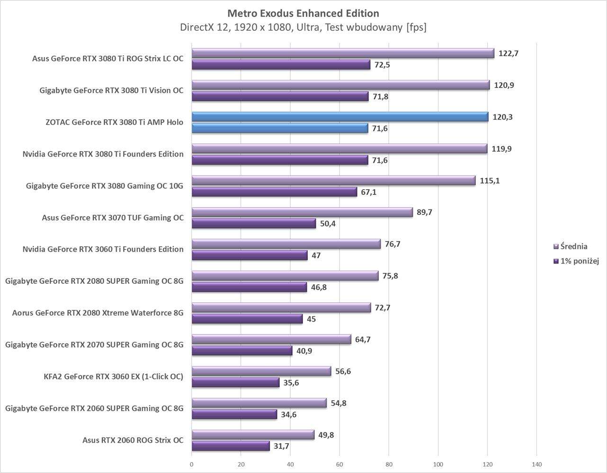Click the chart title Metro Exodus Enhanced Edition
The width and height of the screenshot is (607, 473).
303,13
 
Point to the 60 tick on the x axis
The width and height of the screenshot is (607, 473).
339,464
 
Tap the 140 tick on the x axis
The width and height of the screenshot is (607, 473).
536,464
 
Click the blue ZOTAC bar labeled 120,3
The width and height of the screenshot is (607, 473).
340,117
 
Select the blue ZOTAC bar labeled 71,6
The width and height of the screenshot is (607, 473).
280,128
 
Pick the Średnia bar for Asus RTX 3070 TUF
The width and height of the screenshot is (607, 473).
302,212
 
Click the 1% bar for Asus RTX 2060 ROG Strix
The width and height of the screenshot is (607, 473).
231,446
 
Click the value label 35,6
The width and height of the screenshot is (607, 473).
291,383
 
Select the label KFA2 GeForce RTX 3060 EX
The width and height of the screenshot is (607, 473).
113,377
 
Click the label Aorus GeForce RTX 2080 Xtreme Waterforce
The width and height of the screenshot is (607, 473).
98,313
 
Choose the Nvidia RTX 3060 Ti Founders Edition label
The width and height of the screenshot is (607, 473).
103,249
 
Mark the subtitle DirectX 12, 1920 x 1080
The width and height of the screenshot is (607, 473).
303,27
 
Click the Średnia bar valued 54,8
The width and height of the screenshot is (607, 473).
259,403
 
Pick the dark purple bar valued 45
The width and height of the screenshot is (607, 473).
247,319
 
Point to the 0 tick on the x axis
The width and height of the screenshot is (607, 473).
192,464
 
